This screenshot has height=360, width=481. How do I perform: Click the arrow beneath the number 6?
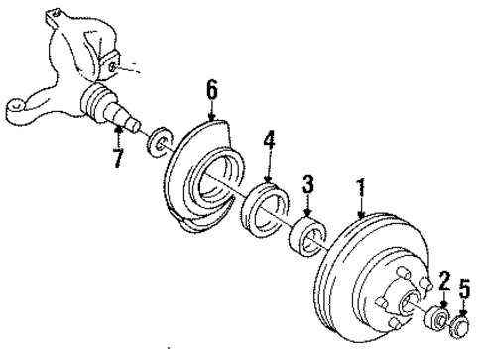[211, 112]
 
